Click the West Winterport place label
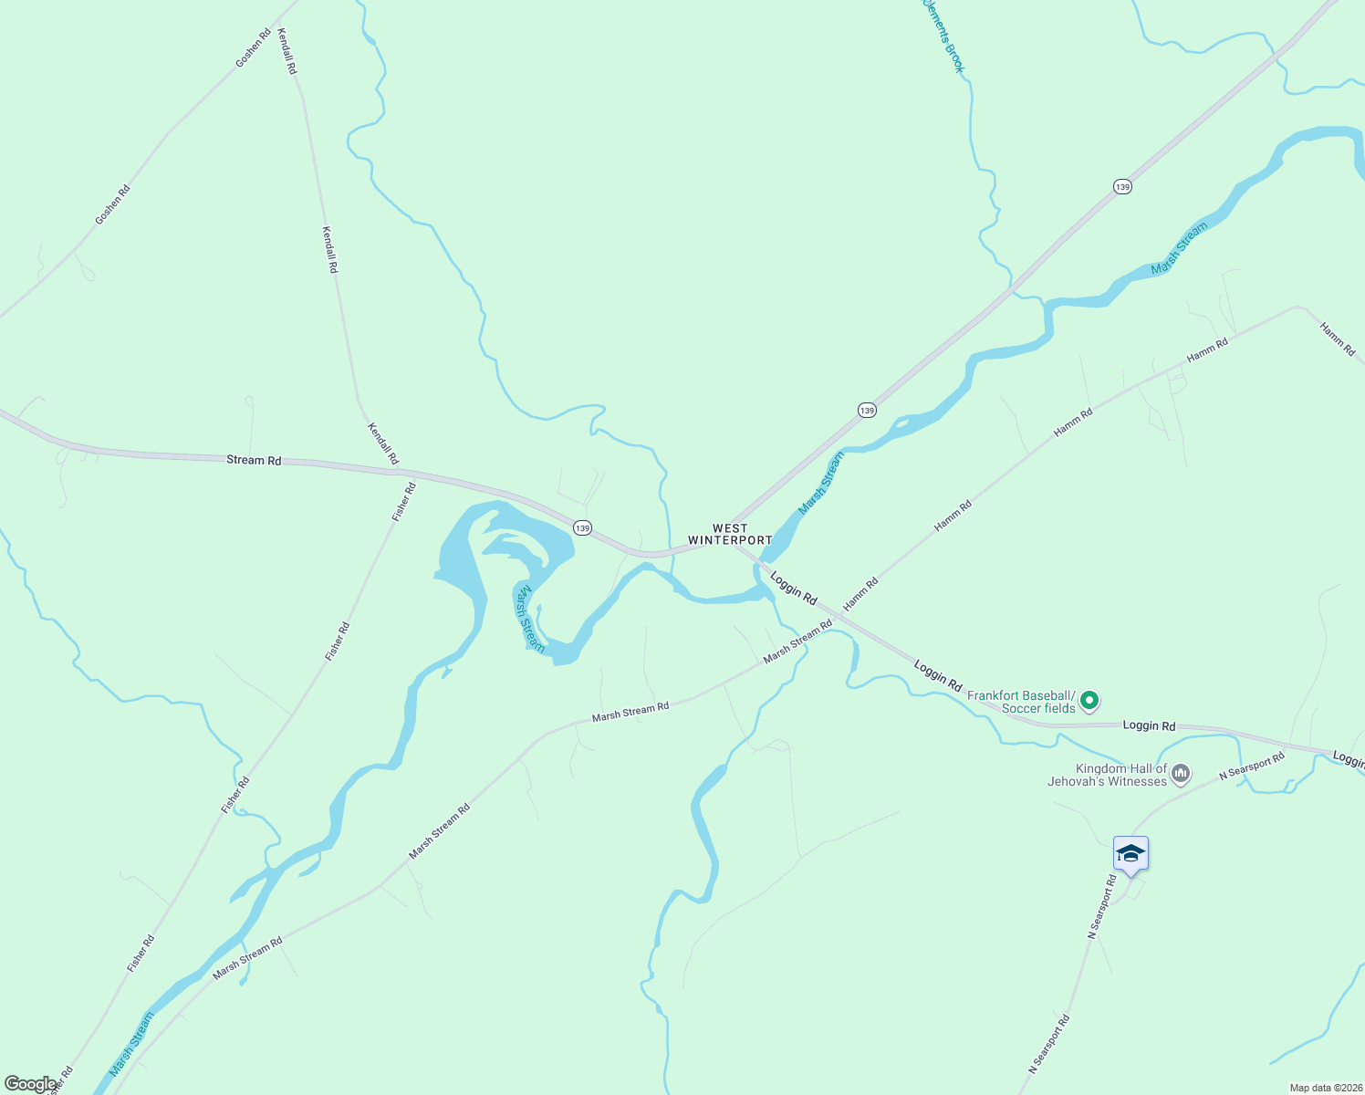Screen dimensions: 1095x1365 (x=730, y=535)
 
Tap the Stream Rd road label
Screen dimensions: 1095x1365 (x=254, y=460)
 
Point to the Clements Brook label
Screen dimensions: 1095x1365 (x=943, y=36)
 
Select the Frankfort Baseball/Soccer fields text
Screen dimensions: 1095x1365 (x=1021, y=702)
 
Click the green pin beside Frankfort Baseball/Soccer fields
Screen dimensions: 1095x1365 (x=1089, y=702)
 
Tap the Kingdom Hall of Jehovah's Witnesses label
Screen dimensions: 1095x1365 (x=1108, y=775)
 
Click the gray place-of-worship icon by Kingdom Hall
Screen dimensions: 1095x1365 (x=1181, y=775)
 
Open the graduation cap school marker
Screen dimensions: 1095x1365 (x=1131, y=854)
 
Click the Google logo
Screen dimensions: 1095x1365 (x=29, y=1084)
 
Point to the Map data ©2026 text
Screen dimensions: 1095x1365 (x=1324, y=1088)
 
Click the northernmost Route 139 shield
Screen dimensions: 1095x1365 (x=1122, y=187)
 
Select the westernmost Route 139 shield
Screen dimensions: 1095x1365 (x=582, y=528)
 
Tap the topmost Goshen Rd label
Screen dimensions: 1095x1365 (x=253, y=48)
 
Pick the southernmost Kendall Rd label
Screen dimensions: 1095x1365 (x=383, y=443)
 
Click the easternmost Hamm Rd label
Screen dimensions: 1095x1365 (x=1338, y=339)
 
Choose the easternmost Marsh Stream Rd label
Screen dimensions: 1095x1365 (x=797, y=641)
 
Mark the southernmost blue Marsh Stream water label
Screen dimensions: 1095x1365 (x=132, y=1044)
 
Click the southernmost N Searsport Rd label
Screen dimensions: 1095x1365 (x=1048, y=1043)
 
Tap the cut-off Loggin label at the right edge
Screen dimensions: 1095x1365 (x=1348, y=758)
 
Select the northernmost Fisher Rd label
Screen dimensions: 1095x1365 (x=403, y=501)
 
